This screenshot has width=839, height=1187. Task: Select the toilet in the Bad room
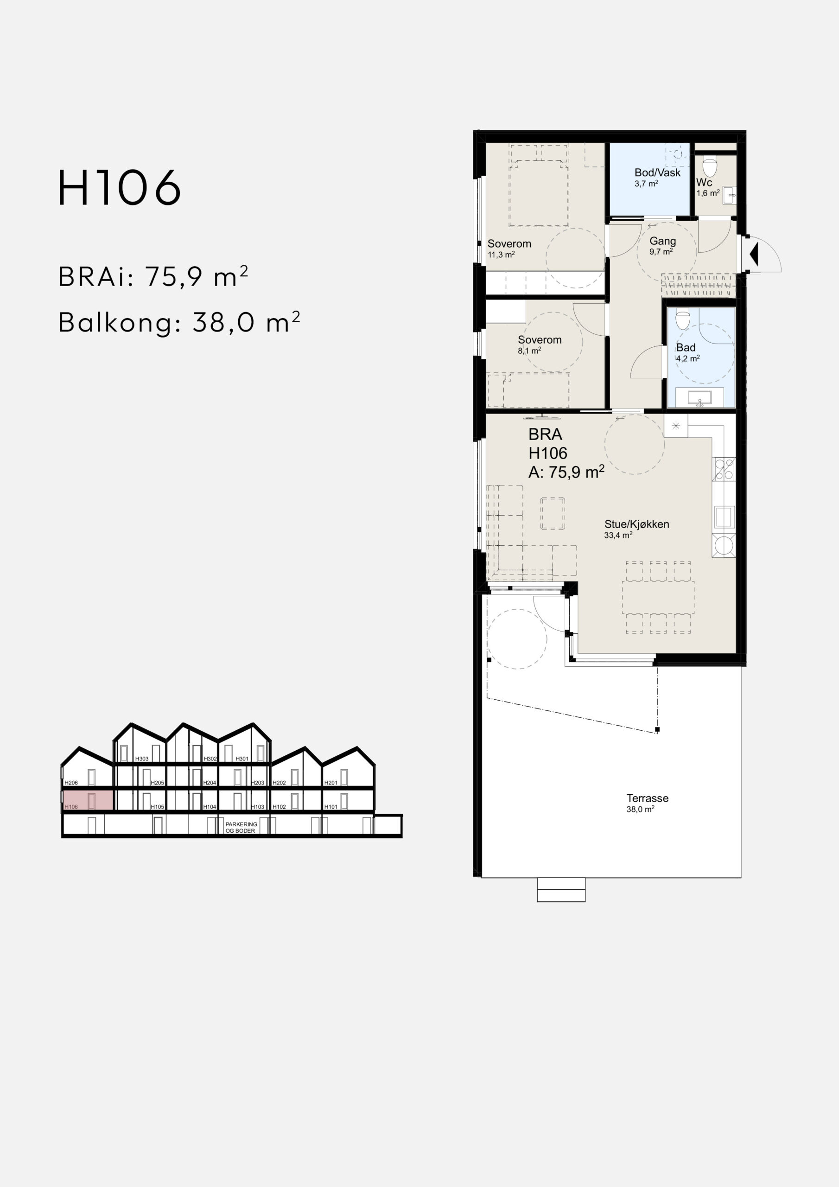tap(682, 319)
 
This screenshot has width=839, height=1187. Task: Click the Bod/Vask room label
tap(658, 172)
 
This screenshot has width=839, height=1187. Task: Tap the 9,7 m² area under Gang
tap(661, 252)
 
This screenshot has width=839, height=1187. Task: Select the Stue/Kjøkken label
tap(637, 524)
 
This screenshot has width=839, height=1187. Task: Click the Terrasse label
tap(647, 798)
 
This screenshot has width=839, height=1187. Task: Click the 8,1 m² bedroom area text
tap(529, 351)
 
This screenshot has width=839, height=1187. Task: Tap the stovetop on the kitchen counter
tap(724, 469)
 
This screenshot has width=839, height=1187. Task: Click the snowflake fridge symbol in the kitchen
tap(676, 426)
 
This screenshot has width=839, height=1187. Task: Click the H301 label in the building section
tap(242, 759)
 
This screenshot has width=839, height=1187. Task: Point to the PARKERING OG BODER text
tap(241, 828)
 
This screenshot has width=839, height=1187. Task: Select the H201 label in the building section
tap(331, 783)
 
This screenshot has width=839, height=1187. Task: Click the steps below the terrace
tap(561, 890)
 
